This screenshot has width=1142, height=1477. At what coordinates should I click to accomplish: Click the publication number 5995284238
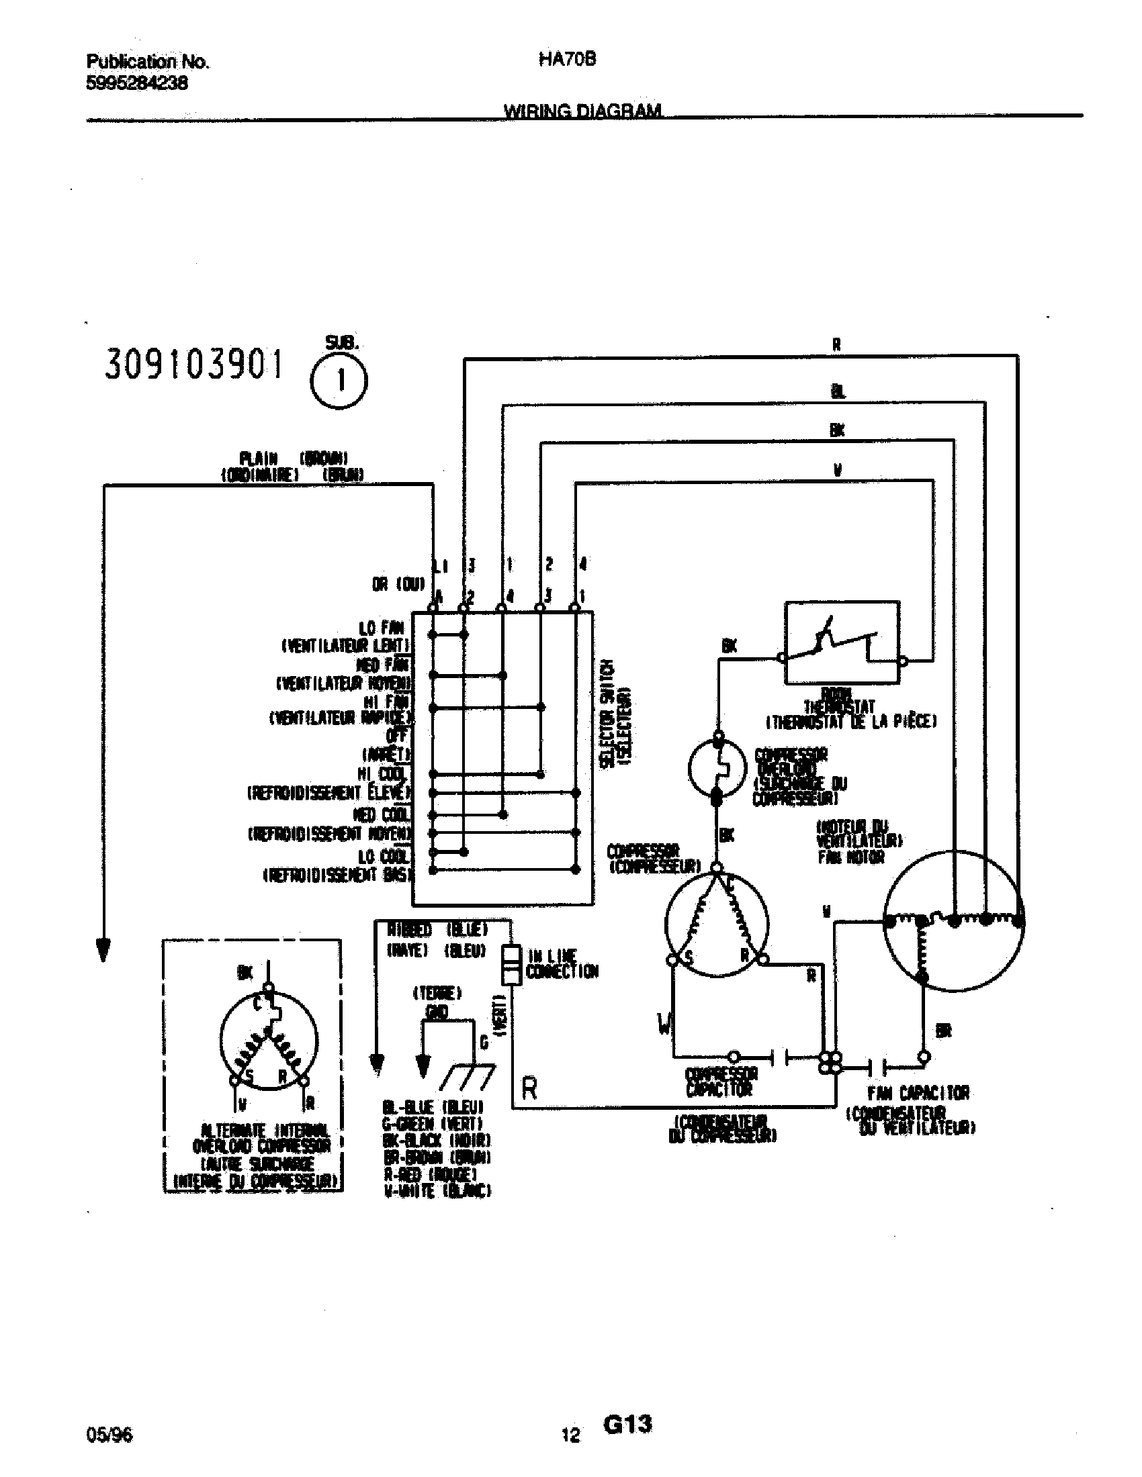coord(136,83)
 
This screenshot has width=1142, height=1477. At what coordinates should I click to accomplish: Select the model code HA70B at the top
coord(567,60)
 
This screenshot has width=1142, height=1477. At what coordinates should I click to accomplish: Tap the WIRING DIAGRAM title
coord(582,110)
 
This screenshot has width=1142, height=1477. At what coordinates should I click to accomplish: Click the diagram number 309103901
coord(193,366)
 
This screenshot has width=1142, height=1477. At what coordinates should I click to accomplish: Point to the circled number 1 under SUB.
coord(339,382)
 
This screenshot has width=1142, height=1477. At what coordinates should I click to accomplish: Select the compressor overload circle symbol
coord(717,768)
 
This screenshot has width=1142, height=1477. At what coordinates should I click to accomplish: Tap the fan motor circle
coord(954,921)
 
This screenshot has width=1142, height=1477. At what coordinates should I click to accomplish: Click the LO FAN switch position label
coord(382,628)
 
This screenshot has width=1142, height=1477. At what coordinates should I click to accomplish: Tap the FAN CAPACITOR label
coord(918,1092)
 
